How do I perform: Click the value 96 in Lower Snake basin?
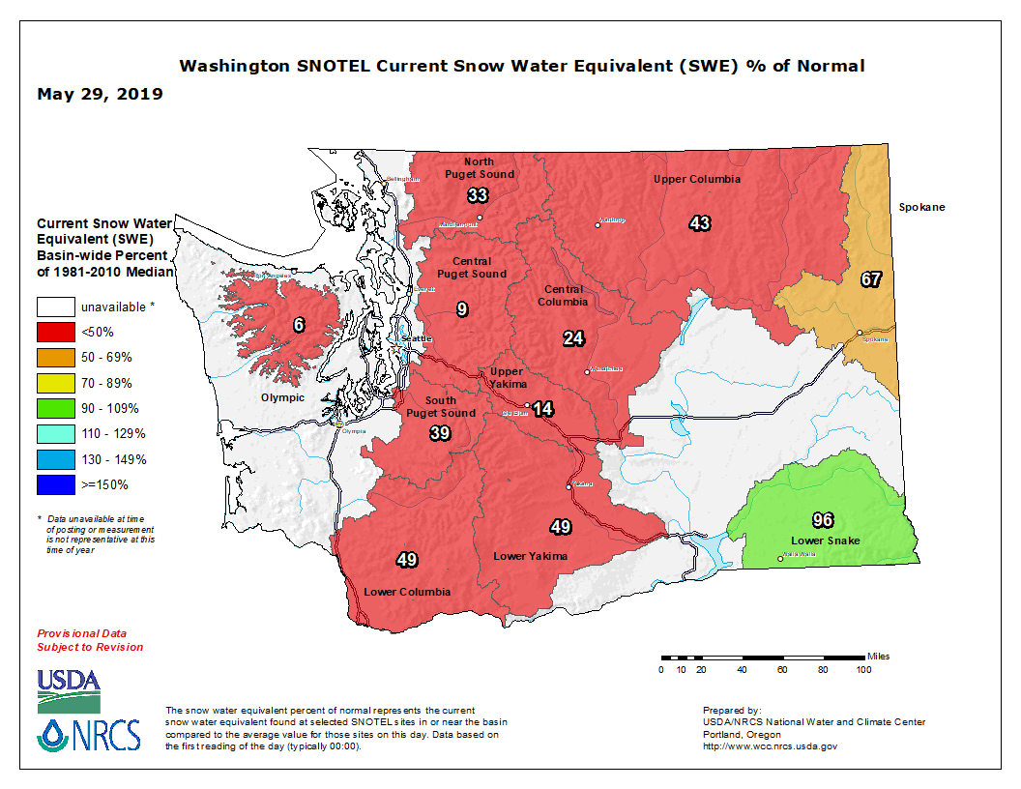tap(823, 519)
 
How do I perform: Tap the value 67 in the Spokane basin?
tap(871, 279)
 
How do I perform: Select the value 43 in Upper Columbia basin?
tap(700, 223)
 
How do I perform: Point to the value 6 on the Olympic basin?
tap(300, 325)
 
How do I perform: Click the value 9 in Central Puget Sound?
tap(462, 309)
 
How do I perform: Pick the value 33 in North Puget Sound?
tap(478, 195)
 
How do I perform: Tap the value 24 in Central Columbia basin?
tap(574, 337)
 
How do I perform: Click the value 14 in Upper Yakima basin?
tap(543, 409)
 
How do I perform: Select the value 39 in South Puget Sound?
tap(440, 432)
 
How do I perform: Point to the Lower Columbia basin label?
tap(407, 592)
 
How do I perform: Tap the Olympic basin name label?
tap(282, 397)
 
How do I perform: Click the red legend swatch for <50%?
tap(56, 332)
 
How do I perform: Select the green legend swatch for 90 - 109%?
tap(56, 408)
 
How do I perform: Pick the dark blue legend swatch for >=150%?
tap(56, 484)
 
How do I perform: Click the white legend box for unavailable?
tap(56, 307)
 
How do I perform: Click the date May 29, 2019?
tap(100, 95)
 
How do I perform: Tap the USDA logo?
tap(69, 686)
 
